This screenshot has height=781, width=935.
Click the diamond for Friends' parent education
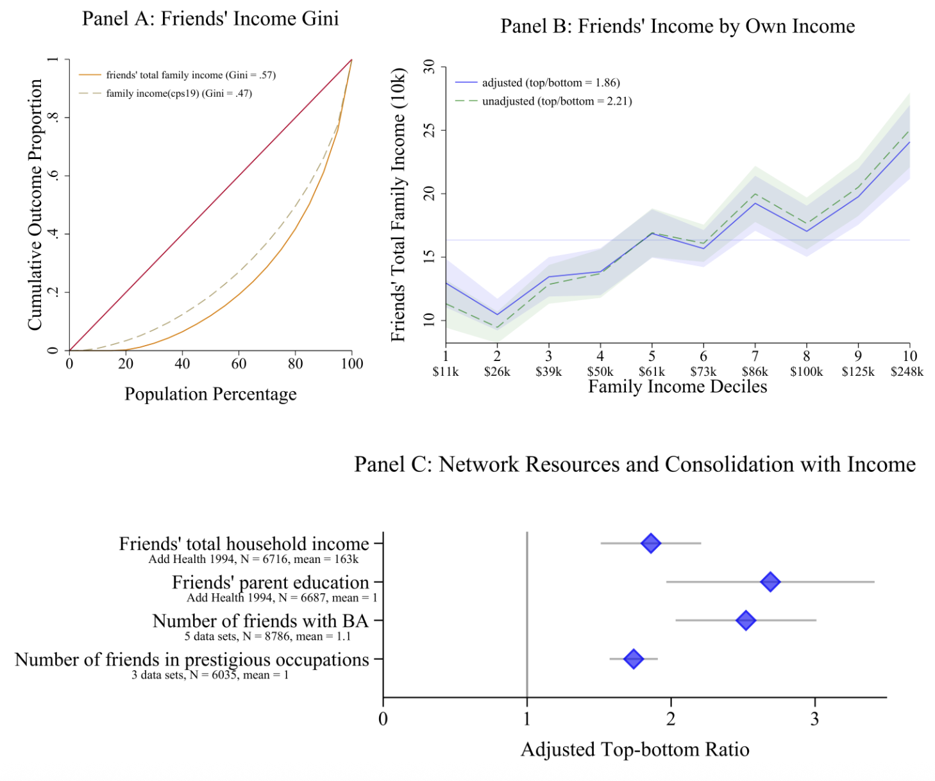[x=770, y=582]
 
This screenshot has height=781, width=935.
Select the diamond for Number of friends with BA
[x=745, y=620]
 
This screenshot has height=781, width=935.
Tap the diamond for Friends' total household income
[x=651, y=543]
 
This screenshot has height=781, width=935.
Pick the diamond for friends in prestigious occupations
[x=634, y=659]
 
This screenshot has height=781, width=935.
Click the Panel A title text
[x=210, y=19]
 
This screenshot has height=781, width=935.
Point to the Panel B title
[x=677, y=26]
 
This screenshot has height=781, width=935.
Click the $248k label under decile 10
[x=907, y=372]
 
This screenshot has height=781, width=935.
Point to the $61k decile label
[x=652, y=372]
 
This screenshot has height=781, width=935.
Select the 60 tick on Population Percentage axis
[x=239, y=364]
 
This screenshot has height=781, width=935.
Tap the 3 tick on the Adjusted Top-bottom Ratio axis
[x=814, y=719]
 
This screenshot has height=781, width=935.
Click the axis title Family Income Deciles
[x=677, y=387]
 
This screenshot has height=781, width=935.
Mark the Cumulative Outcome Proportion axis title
[x=35, y=205]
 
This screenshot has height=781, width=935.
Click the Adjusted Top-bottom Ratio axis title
[x=635, y=750]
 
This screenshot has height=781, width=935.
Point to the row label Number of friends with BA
[x=260, y=621]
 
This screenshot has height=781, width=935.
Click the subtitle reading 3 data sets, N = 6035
[x=210, y=675]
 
